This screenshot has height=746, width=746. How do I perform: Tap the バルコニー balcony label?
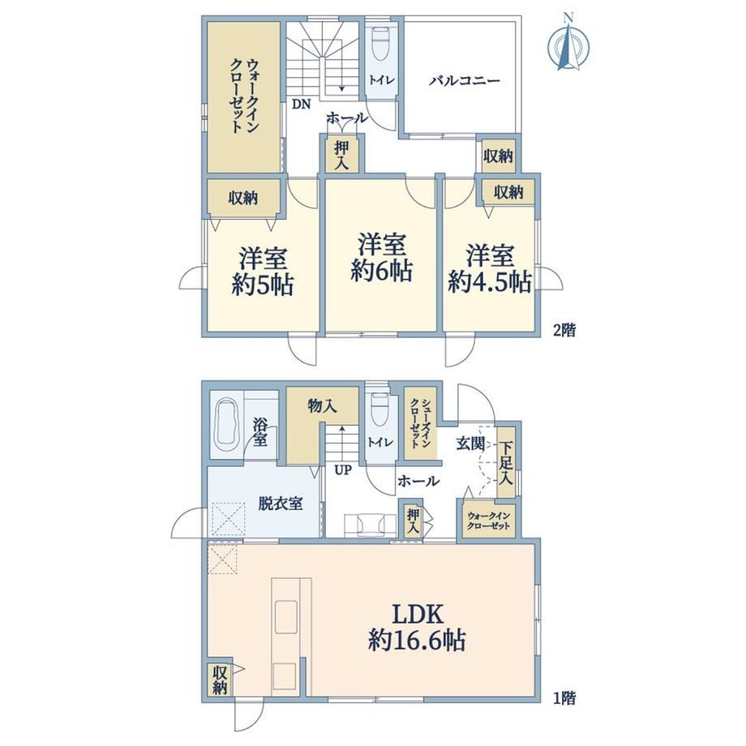(465, 80)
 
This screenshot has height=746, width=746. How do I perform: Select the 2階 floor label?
(564, 330)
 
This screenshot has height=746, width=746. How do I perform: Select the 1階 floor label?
(564, 698)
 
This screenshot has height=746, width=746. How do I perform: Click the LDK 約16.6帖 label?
(417, 627)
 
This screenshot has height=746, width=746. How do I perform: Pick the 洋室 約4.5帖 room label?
(490, 269)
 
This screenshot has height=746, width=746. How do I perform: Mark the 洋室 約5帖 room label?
(263, 272)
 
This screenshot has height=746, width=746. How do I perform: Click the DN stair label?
(301, 104)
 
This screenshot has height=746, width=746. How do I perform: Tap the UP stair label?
(342, 470)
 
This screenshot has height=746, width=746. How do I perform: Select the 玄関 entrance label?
(470, 444)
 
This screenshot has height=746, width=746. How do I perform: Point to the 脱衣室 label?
(281, 504)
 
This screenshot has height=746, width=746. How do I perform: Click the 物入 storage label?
(322, 405)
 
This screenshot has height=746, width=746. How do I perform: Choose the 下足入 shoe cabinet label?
(506, 463)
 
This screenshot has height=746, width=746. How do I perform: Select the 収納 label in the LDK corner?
(219, 680)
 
